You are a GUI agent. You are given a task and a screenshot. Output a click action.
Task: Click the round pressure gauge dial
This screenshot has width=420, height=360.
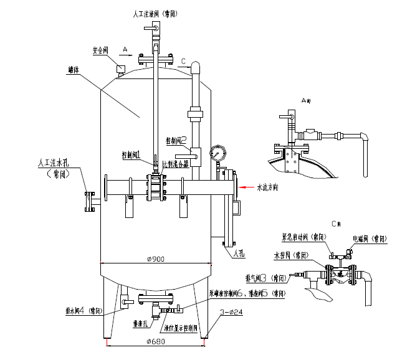[x=217, y=153]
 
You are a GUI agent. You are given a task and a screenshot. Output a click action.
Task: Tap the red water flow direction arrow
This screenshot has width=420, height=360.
[x=247, y=186]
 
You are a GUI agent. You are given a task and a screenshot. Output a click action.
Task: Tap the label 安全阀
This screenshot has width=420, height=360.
[x=102, y=50]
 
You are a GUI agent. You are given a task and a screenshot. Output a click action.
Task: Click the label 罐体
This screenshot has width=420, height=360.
[x=74, y=70]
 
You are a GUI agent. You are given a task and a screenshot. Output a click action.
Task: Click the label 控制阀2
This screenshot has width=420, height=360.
[x=176, y=140]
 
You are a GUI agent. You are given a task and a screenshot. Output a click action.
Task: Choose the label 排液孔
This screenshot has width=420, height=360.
[x=140, y=324]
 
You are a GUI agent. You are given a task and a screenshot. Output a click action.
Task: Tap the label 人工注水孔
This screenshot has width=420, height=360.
[x=57, y=164]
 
